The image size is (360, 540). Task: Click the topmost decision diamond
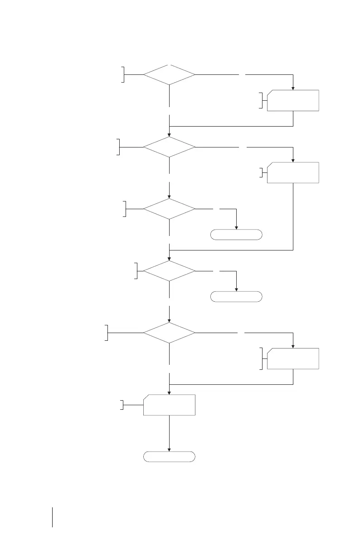(x=169, y=74)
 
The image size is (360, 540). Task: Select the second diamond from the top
(x=169, y=147)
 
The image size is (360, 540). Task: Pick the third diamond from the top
(x=169, y=209)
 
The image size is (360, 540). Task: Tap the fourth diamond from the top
(x=169, y=271)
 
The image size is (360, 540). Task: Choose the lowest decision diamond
(x=169, y=333)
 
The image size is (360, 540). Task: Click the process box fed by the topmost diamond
(x=293, y=100)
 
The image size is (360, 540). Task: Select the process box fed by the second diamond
(x=293, y=172)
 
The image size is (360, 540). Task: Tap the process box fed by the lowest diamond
(x=293, y=358)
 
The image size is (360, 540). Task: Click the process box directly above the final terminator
(x=169, y=405)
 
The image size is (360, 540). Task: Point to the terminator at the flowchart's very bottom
(x=169, y=457)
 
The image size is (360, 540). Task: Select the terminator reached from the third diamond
(x=236, y=235)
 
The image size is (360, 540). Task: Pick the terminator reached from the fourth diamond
(x=236, y=297)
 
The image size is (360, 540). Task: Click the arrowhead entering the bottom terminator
(x=169, y=449)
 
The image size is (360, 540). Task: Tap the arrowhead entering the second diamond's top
(x=169, y=135)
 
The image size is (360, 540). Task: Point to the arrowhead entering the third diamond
(x=169, y=196)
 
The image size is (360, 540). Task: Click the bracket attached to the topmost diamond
(x=123, y=74)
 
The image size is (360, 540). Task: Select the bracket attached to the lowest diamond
(x=107, y=333)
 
